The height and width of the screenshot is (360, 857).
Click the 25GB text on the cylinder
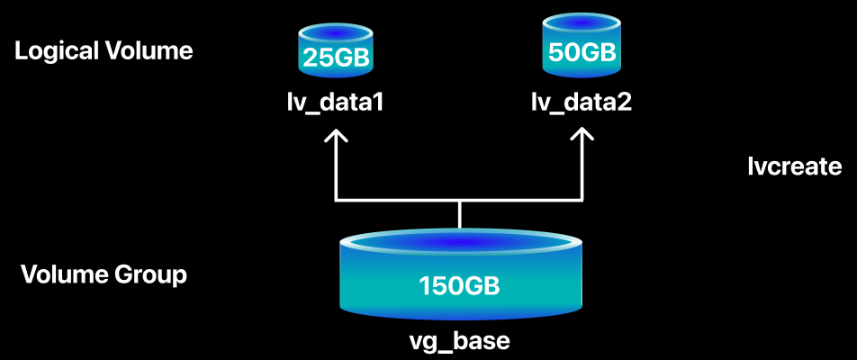point(336,58)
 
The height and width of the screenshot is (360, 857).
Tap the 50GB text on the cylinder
point(582,52)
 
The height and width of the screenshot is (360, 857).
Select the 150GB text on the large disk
point(459,285)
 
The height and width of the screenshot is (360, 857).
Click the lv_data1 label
point(335,103)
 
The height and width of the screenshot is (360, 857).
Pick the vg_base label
point(460,341)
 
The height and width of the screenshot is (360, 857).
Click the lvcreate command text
point(794,166)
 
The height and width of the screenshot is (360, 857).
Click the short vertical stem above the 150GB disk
point(460,215)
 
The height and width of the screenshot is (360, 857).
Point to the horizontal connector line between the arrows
point(458,201)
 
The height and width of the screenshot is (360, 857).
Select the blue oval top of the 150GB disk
point(459,242)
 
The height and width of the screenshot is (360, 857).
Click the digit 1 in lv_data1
point(377,103)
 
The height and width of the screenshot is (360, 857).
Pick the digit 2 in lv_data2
point(625,102)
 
